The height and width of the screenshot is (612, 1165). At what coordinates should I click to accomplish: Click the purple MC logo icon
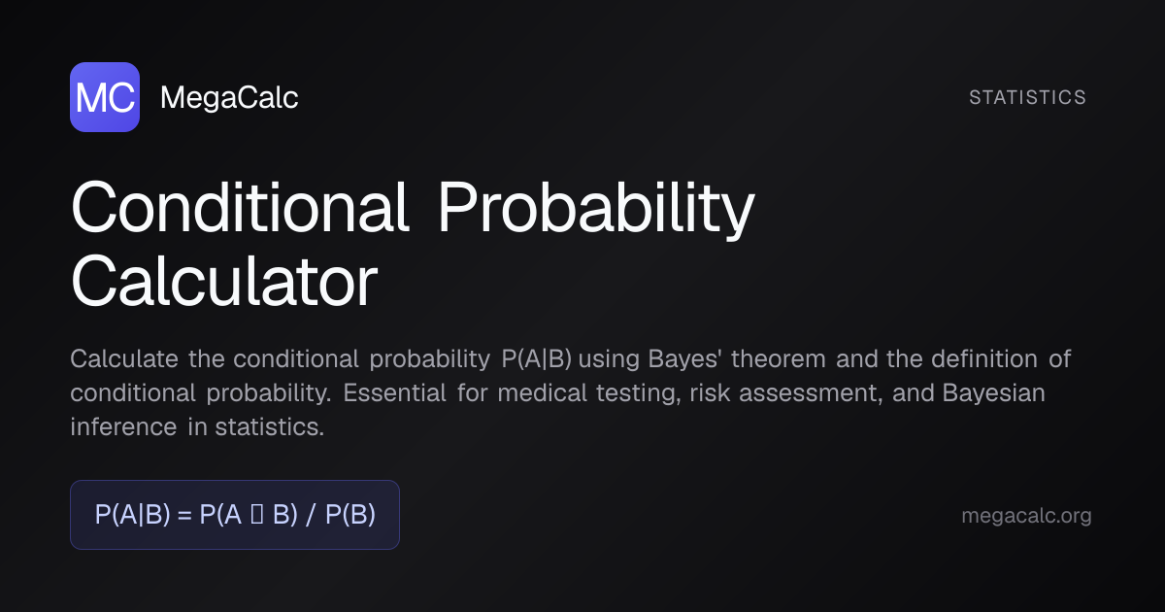pos(105,97)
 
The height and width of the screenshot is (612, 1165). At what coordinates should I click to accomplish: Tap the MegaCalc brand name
pos(229,97)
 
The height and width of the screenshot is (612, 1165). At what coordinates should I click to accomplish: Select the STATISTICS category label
pos(1027,97)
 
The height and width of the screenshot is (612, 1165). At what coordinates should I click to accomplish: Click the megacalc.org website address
pos(1026,516)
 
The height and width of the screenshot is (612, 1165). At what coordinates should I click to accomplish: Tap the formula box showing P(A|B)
pos(235,515)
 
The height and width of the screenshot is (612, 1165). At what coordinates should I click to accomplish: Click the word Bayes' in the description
pos(684,359)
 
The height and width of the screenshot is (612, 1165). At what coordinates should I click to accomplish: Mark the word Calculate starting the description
pos(124,359)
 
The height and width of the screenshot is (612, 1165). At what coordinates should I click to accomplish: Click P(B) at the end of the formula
pos(350,515)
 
